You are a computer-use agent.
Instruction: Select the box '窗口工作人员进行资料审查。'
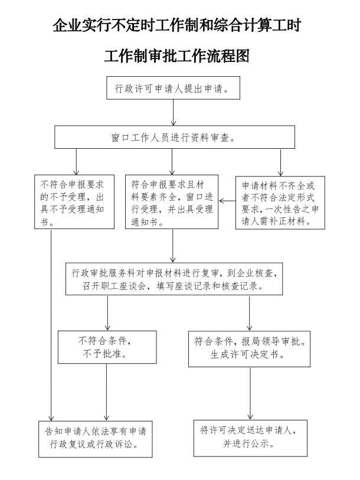[175, 138]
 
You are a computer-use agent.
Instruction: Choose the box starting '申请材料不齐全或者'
[280, 202]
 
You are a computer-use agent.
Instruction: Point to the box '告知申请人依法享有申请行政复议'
[95, 436]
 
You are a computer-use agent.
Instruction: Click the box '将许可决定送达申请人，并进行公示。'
[248, 436]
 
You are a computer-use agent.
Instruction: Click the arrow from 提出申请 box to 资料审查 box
[173, 112]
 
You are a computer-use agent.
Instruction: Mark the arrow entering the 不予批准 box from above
[107, 312]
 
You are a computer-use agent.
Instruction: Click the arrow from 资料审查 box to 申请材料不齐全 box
[280, 162]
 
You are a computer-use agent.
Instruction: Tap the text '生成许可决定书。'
[249, 356]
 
